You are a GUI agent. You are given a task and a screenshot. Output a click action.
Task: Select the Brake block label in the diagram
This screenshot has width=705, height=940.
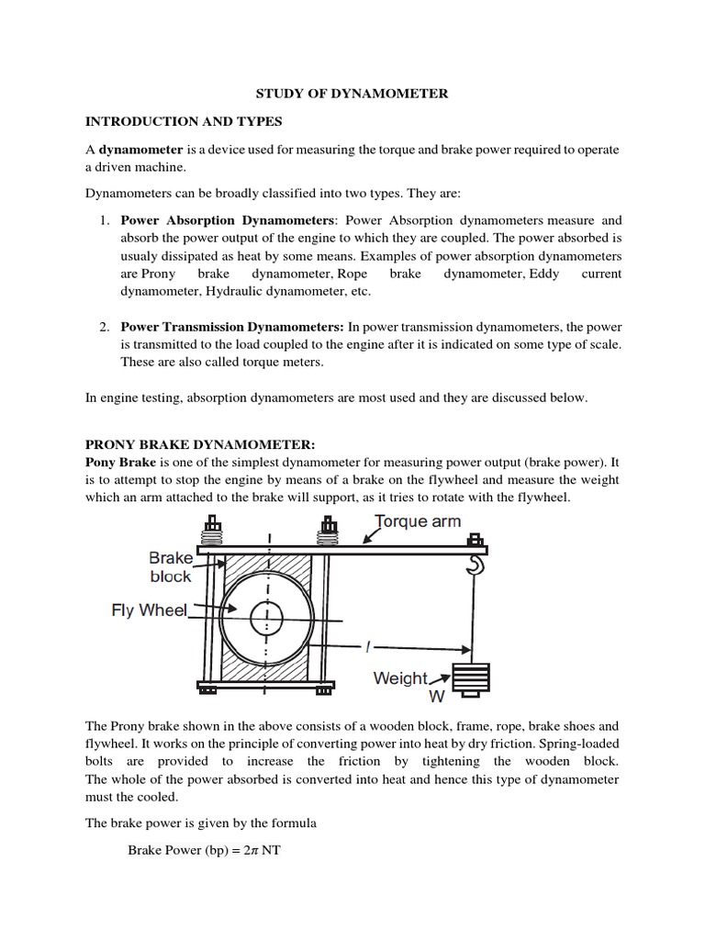click(171, 566)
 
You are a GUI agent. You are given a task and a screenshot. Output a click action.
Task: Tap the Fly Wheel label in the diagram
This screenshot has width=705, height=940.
click(150, 610)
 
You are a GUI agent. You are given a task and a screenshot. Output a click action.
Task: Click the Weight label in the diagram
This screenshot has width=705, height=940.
click(401, 677)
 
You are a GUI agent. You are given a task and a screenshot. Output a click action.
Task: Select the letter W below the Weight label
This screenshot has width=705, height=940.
click(424, 697)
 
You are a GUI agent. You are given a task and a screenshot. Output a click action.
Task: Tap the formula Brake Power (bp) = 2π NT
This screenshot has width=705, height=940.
click(205, 850)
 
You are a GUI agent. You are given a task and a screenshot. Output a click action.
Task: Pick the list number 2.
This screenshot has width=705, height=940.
click(104, 326)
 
